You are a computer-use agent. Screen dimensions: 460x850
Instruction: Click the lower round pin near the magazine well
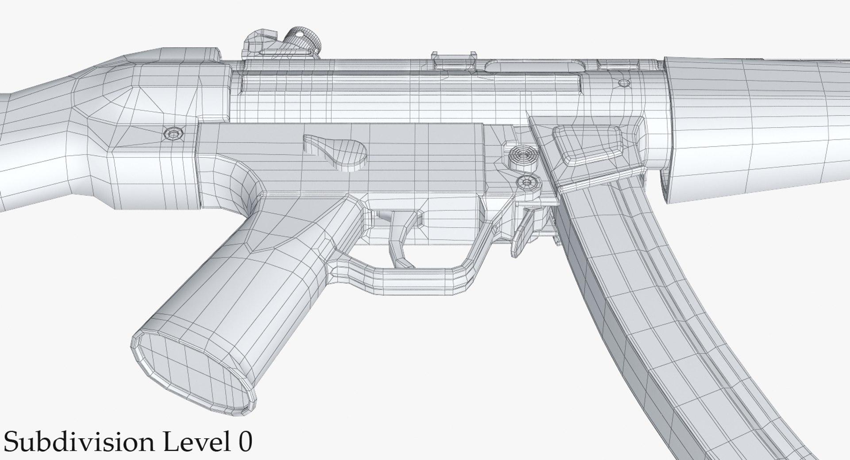[x=527, y=182]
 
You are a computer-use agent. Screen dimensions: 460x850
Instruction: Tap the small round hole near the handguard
[x=623, y=83]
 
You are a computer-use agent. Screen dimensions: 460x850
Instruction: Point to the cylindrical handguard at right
[x=753, y=129]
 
